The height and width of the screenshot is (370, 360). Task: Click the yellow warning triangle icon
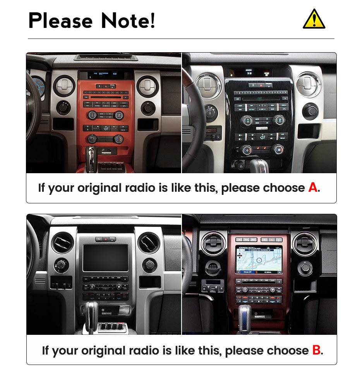314,19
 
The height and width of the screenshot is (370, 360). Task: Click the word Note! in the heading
128,20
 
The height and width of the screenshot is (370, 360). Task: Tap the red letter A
313,188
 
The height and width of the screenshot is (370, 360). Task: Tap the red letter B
317,351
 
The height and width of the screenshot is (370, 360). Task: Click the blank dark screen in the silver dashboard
105,257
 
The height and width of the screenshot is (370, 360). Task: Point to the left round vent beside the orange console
64,85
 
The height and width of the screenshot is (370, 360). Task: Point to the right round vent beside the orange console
147,86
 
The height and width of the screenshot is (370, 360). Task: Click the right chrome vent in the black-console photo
309,84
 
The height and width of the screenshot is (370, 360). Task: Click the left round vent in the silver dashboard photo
62,243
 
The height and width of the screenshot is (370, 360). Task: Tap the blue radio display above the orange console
105,73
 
